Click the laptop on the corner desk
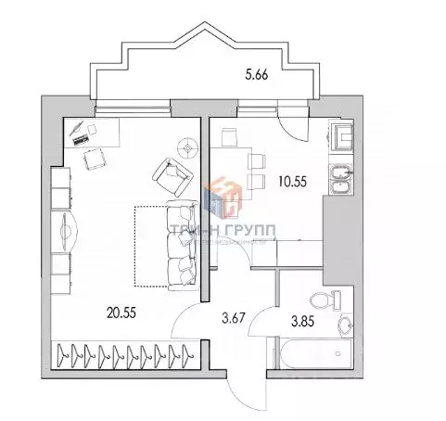(x=82, y=134)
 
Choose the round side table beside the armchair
(x=188, y=147)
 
